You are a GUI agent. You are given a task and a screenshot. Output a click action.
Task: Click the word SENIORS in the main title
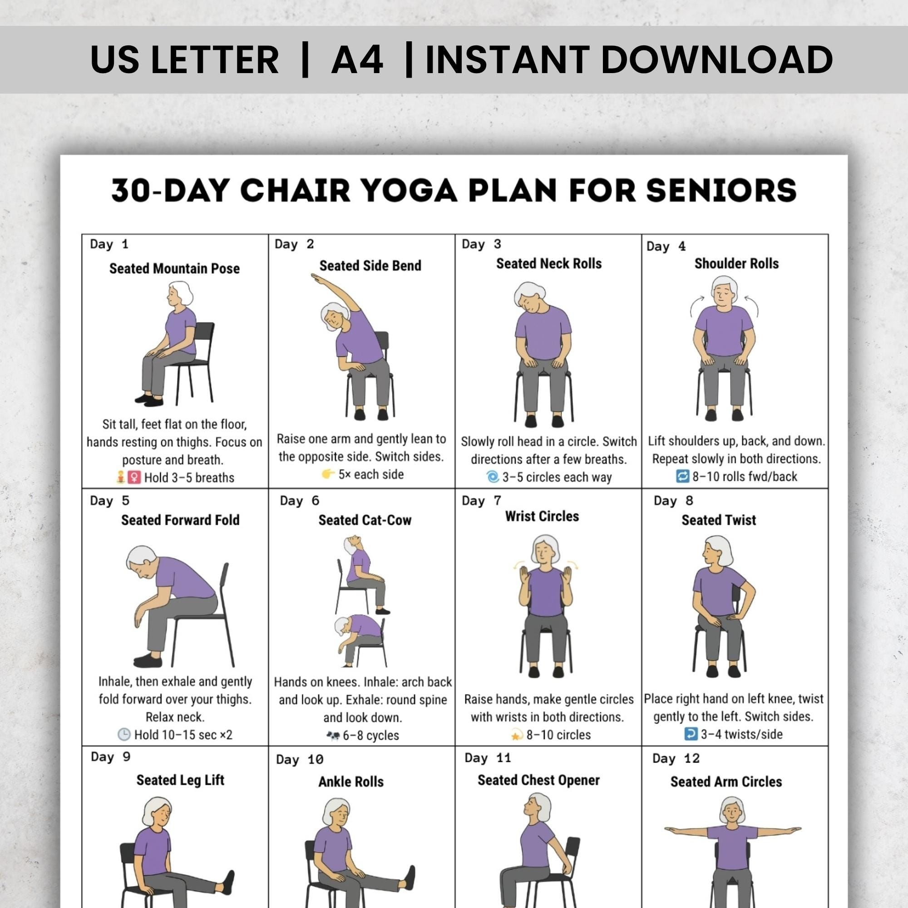pos(721,190)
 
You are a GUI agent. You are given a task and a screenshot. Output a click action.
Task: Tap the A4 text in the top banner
pos(357,59)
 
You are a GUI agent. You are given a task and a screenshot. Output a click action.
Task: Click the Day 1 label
pos(109,244)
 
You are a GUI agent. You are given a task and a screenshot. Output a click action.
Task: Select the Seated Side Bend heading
pos(370,266)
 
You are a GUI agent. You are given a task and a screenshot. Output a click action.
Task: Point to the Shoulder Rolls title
pos(736,263)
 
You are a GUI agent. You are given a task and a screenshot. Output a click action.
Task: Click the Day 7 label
pos(481,500)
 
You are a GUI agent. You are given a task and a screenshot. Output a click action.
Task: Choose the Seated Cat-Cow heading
pos(365,520)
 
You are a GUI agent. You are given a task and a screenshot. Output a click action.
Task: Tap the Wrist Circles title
pos(542,516)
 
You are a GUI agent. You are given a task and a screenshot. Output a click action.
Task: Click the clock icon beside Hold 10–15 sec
pos(123,734)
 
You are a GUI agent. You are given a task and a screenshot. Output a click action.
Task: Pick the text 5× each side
pos(371,474)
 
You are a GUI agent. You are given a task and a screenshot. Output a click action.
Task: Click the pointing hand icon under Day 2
pos(328,474)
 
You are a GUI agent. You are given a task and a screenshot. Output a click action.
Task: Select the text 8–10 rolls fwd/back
pos(745,476)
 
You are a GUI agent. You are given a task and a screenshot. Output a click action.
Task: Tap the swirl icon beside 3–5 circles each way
pos(492,477)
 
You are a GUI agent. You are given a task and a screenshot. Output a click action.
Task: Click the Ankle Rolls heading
pos(350,782)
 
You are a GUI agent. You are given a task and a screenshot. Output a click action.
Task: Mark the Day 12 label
pos(676,759)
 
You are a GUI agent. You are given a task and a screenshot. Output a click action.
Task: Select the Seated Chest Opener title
pos(538,780)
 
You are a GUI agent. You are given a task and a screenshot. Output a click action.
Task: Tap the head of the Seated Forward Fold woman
pos(143,562)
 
